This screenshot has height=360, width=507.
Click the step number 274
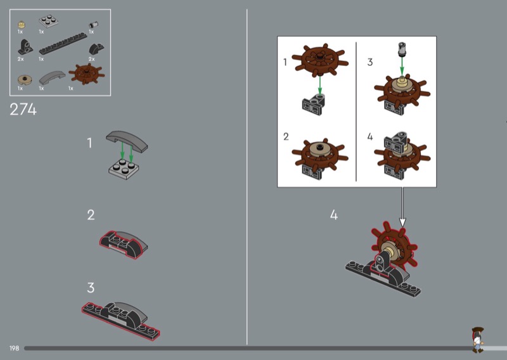point(23,110)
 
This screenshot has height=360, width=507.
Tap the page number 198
point(14,349)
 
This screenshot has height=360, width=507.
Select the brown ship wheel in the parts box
point(87,74)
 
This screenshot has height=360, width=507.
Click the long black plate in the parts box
point(63,43)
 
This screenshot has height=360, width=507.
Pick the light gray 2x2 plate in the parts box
point(49,22)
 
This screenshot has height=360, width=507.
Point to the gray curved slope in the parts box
point(52,78)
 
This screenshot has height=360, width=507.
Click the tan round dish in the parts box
point(25,80)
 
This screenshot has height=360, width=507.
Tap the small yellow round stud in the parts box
point(22,25)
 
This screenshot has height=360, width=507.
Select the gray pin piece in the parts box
point(93,25)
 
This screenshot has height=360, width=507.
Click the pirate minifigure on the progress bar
point(478,340)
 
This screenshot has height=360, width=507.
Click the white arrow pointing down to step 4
point(402,207)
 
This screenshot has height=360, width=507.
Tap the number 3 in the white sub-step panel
point(370,62)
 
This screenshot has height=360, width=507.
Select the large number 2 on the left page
point(91,215)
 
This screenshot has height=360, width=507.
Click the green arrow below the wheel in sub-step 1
point(320,85)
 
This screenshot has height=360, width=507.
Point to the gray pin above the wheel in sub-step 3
point(402,49)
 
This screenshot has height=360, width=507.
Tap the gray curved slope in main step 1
point(127,139)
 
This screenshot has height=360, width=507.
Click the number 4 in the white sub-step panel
point(370,137)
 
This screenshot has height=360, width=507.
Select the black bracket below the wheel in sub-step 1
point(314,105)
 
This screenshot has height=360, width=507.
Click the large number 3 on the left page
point(91,288)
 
